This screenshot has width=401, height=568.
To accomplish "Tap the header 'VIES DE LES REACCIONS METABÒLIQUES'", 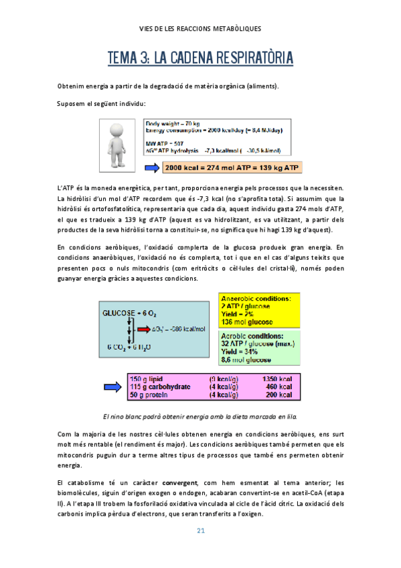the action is pyautogui.click(x=200, y=29).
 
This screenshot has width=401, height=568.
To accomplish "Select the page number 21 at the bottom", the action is pyautogui.click(x=200, y=531).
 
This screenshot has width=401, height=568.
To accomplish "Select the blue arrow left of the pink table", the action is pyautogui.click(x=111, y=386).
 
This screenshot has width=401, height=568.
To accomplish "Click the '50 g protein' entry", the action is pyautogui.click(x=149, y=395).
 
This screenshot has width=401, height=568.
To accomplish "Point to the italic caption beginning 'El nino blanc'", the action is pyautogui.click(x=200, y=416).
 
